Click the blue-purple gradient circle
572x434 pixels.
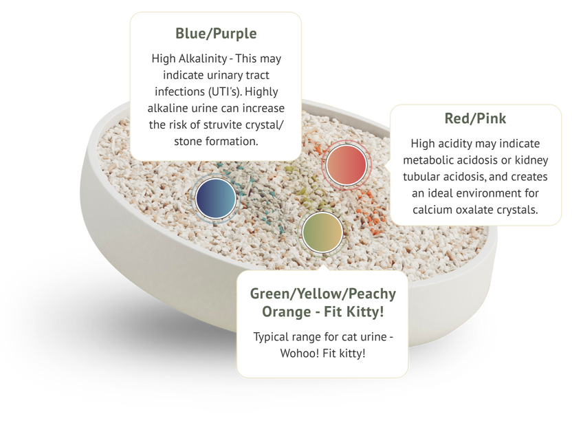pyautogui.click(x=216, y=198)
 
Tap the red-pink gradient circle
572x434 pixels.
pyautogui.click(x=346, y=164)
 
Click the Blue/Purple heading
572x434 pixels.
pyautogui.click(x=216, y=33)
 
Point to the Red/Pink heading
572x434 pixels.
pyautogui.click(x=475, y=118)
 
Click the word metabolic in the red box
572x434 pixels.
pyautogui.click(x=434, y=160)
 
